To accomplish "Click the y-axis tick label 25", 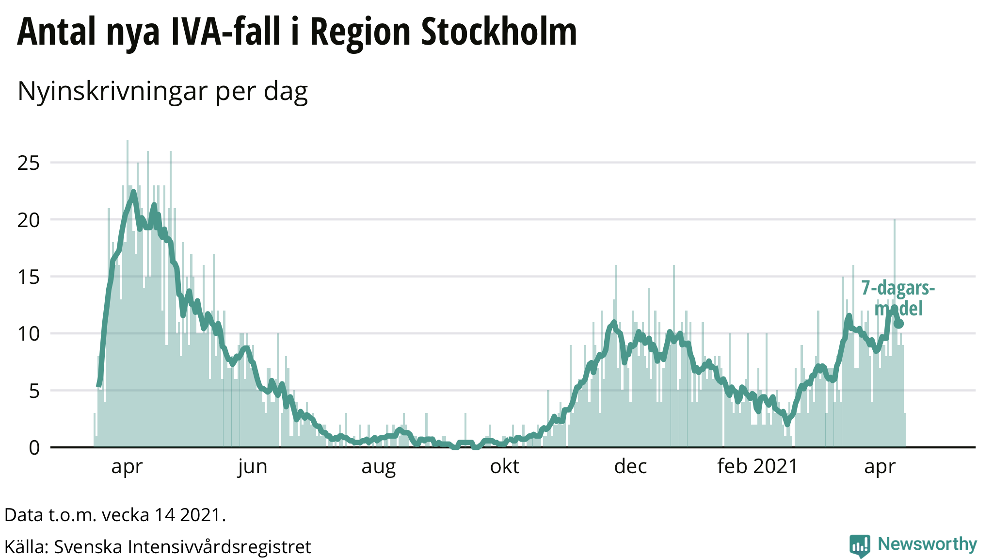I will pyautogui.click(x=28, y=163).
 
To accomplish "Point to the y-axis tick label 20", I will pyautogui.click(x=28, y=220).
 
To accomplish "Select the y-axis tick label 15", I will pyautogui.click(x=28, y=277).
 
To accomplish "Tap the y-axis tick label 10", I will pyautogui.click(x=28, y=334).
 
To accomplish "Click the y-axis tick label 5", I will pyautogui.click(x=34, y=391).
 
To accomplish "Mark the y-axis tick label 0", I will pyautogui.click(x=34, y=448).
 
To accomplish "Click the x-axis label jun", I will pyautogui.click(x=253, y=467).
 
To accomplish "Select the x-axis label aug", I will pyautogui.click(x=379, y=467).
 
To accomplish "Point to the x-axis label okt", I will pyautogui.click(x=505, y=467).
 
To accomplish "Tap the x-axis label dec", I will pyautogui.click(x=630, y=467).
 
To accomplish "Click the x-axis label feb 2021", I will pyautogui.click(x=757, y=467).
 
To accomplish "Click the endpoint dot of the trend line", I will pyautogui.click(x=898, y=324).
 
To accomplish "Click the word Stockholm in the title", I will pyautogui.click(x=499, y=32).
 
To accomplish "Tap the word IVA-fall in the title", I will pyautogui.click(x=225, y=32).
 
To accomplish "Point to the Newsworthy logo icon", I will pyautogui.click(x=860, y=545).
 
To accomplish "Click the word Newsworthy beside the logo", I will pyautogui.click(x=927, y=544).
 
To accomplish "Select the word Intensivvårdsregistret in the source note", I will pyautogui.click(x=219, y=547).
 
